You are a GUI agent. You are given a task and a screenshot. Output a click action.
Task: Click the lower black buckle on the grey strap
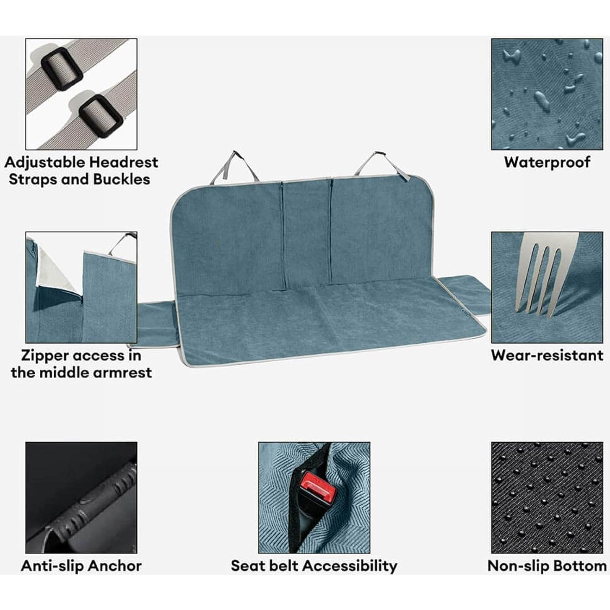101,115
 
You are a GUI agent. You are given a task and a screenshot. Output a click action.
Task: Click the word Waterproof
547,162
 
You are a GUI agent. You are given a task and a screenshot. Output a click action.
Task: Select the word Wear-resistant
547,355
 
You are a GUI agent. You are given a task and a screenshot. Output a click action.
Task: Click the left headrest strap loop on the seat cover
234,166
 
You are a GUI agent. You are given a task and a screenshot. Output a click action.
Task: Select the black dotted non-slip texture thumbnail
547,497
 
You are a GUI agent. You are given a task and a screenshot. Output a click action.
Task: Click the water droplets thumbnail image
547,94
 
